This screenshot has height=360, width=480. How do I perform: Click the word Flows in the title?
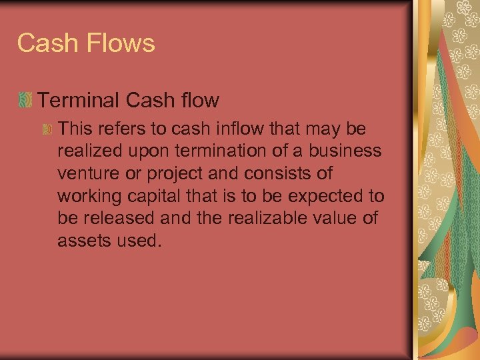point(122,43)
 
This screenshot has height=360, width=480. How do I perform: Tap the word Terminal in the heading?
point(77,100)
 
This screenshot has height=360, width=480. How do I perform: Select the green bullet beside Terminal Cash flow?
point(25,101)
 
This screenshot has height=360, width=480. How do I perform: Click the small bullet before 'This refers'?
point(47,129)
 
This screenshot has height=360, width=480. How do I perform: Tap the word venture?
point(87,173)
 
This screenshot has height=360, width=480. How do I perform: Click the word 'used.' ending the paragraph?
point(138,241)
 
